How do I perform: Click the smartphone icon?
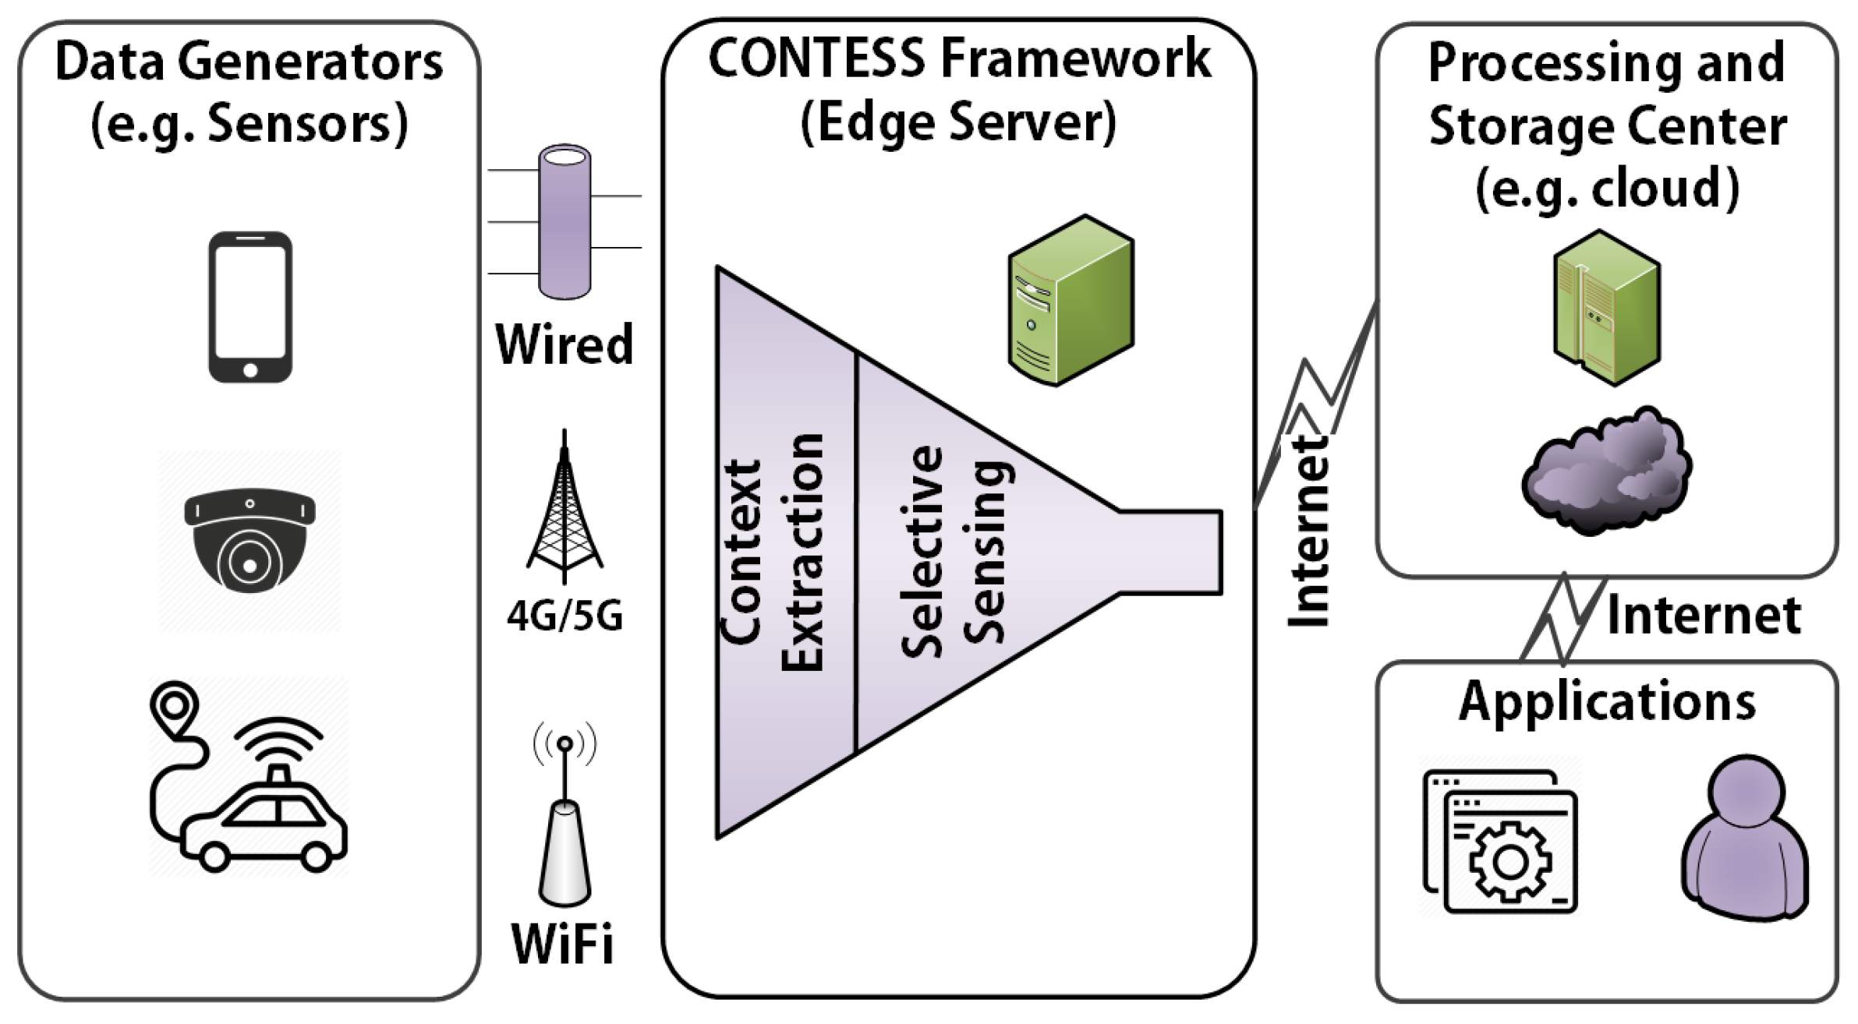[x=250, y=307]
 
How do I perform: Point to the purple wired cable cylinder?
[x=564, y=222]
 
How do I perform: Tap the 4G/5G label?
[x=564, y=616]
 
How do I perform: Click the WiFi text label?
[x=562, y=944]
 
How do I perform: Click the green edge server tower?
[x=1070, y=301]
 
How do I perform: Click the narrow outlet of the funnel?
[x=1170, y=553]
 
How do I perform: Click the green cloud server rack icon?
[x=1606, y=309]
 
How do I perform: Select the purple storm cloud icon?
[x=1606, y=471]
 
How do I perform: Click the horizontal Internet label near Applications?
[x=1704, y=616]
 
